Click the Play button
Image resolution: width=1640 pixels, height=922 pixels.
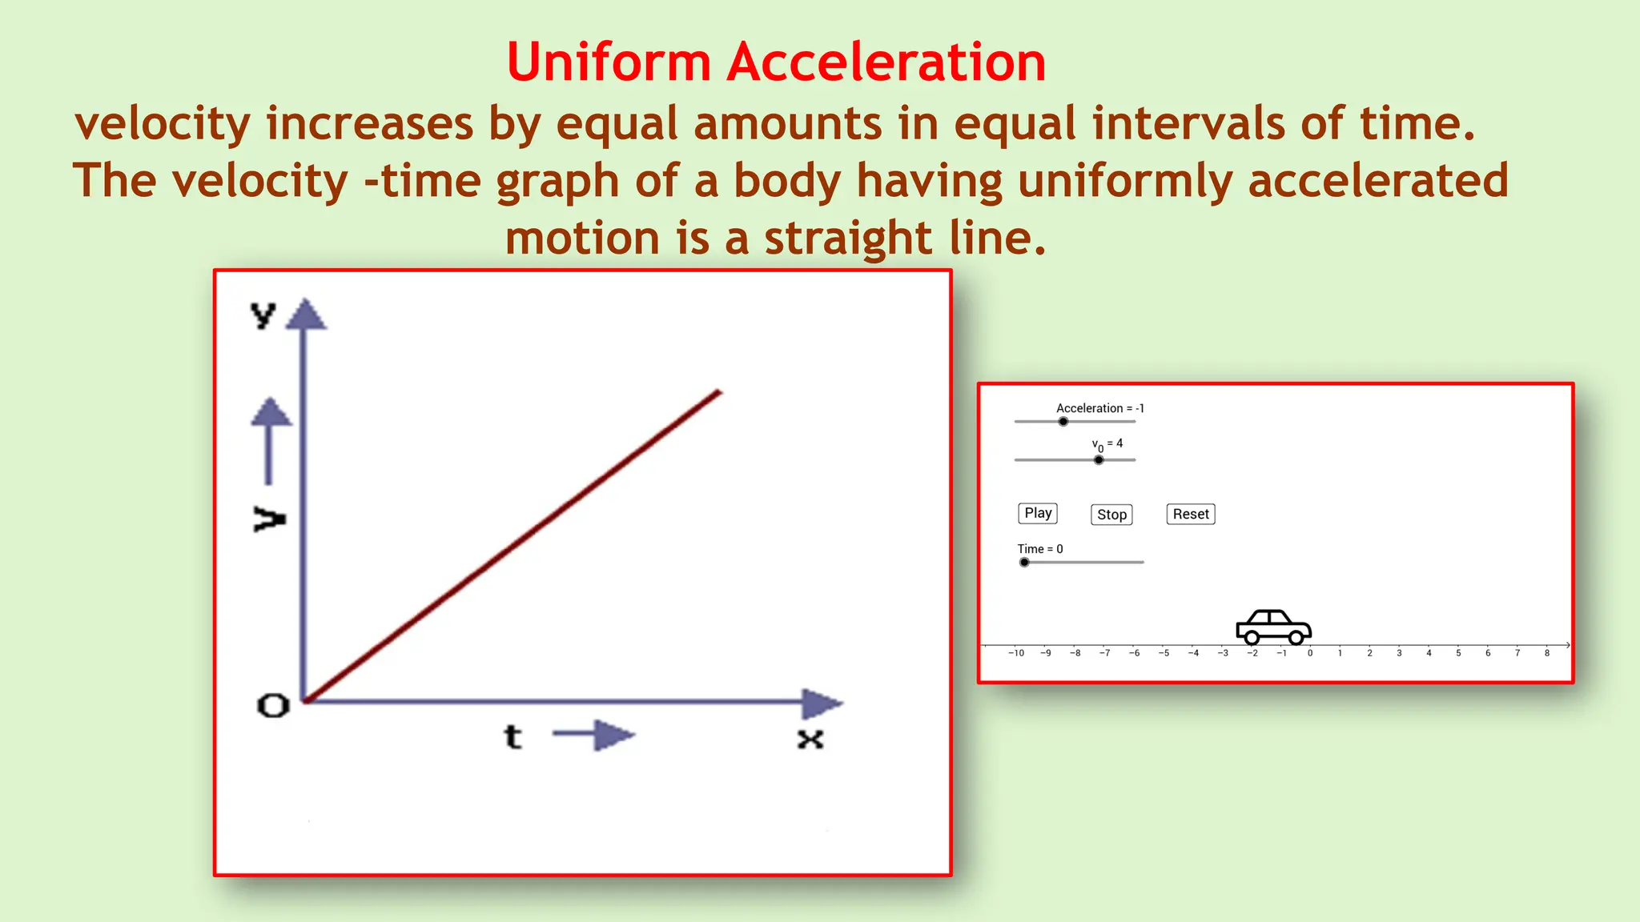pyautogui.click(x=1038, y=513)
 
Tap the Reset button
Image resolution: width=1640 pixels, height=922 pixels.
pyautogui.click(x=1191, y=514)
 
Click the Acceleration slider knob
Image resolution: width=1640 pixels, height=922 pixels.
pyautogui.click(x=1063, y=421)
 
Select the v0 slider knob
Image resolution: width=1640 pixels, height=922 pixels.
pyautogui.click(x=1099, y=459)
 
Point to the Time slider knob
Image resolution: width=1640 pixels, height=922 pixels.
pyautogui.click(x=1024, y=562)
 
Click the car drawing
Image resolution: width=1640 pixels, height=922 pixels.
pyautogui.click(x=1273, y=626)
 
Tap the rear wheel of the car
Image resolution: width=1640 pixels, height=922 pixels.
pyautogui.click(x=1252, y=638)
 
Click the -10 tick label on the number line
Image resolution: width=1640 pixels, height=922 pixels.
pyautogui.click(x=1016, y=653)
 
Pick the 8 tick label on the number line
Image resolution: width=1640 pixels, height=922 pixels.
pyautogui.click(x=1547, y=653)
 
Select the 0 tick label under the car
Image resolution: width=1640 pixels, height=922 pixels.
pyautogui.click(x=1310, y=653)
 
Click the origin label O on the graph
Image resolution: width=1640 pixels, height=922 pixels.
pyautogui.click(x=273, y=706)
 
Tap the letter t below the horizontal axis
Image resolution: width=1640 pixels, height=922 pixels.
pyautogui.click(x=512, y=736)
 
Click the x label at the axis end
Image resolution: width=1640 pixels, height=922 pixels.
pyautogui.click(x=810, y=739)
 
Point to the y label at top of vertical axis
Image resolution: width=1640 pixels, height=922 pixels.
pyautogui.click(x=263, y=315)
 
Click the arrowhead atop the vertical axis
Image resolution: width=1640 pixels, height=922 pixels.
pyautogui.click(x=305, y=315)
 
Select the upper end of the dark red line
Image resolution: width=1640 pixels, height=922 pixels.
pyautogui.click(x=718, y=393)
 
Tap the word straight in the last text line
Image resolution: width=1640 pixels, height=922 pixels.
pyautogui.click(x=848, y=238)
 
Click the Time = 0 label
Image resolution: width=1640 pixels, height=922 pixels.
pyautogui.click(x=1040, y=549)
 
